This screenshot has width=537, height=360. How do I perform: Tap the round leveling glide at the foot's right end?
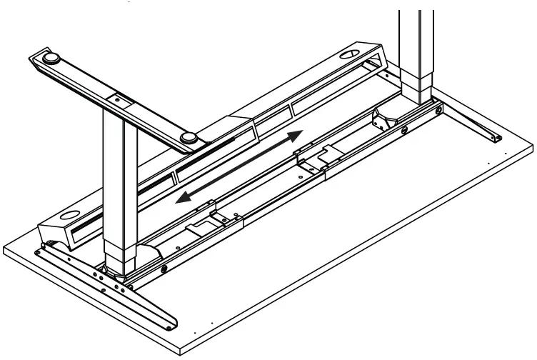coord(189,138)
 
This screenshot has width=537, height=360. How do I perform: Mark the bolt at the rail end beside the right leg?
coord(405,131)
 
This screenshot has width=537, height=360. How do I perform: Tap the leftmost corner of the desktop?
coord(4,249)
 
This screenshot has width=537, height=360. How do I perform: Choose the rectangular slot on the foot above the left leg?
coord(117,99)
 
